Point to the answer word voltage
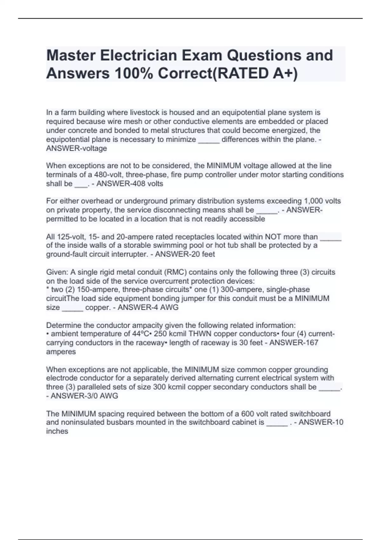94,148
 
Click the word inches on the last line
57,431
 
